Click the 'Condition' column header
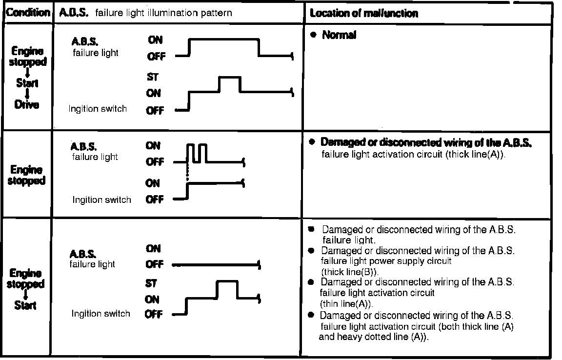pos(27,12)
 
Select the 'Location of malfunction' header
pos(364,13)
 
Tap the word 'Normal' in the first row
pos(339,35)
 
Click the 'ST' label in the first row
pos(152,77)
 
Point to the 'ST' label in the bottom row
pos(151,283)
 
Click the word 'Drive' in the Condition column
pos(27,104)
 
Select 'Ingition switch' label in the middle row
pos(101,200)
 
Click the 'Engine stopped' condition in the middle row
pos(27,175)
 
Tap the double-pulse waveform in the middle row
pos(197,153)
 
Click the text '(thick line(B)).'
pos(350,271)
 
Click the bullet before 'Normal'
pos(313,35)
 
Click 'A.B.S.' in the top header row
pos(74,13)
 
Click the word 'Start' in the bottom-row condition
pos(25,305)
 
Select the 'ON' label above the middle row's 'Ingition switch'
pos(152,183)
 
